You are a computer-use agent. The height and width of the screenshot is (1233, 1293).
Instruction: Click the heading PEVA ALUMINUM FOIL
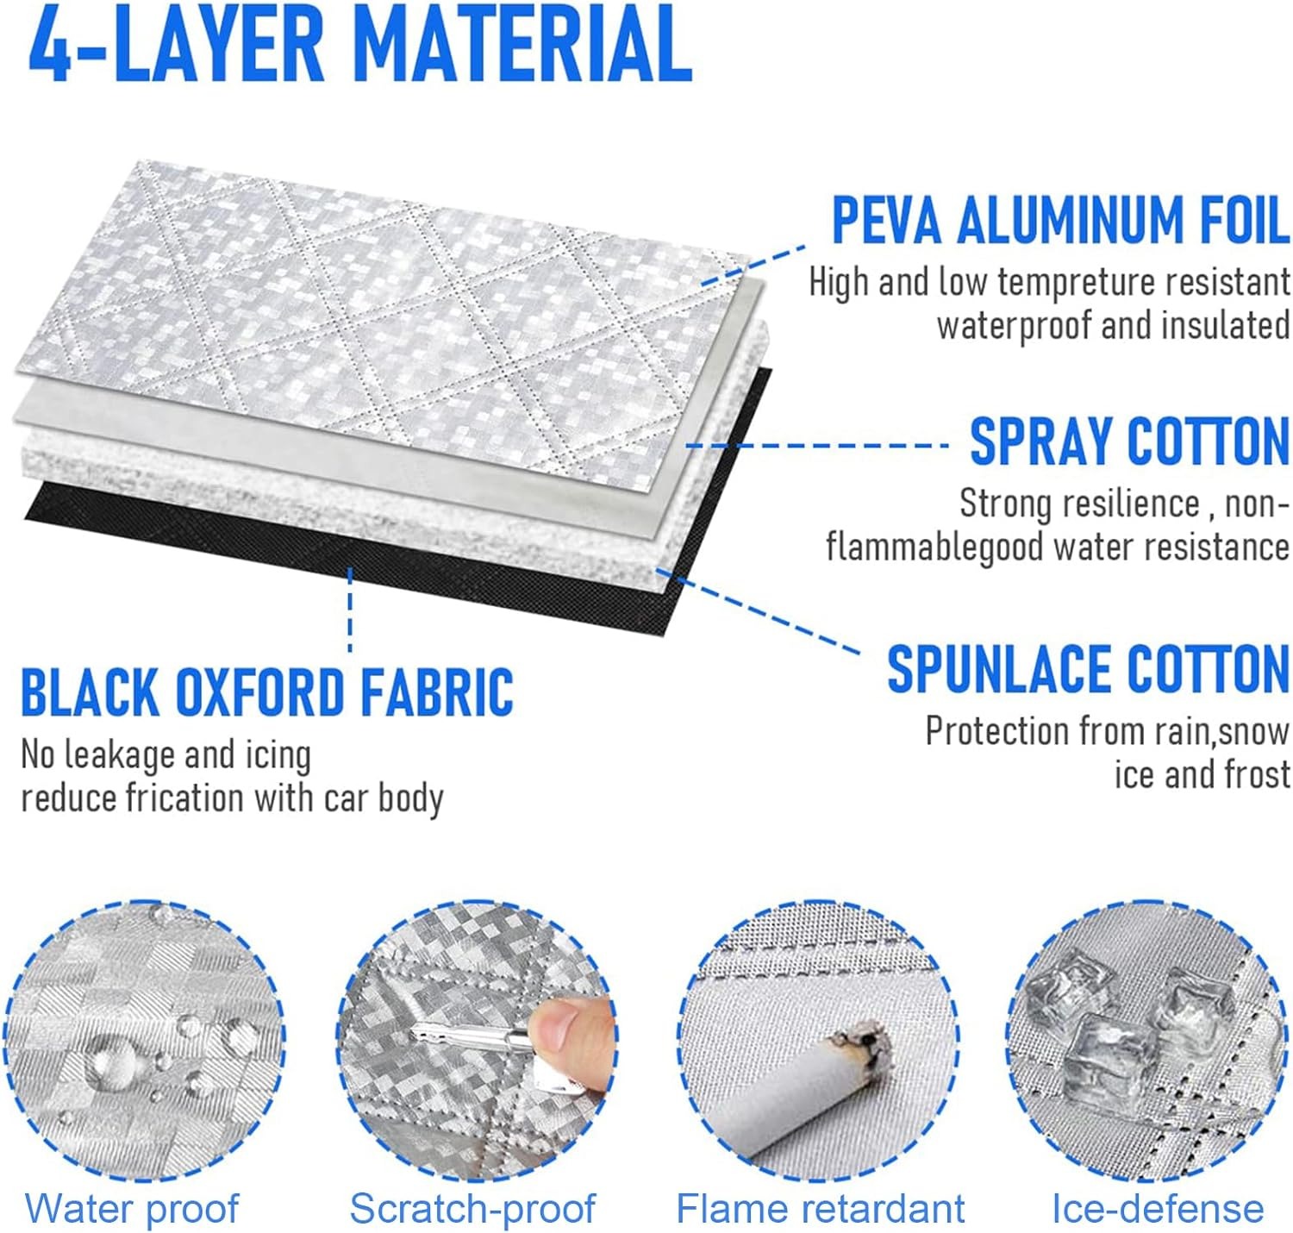tap(1059, 220)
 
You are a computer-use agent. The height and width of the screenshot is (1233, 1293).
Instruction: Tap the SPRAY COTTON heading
tap(1129, 441)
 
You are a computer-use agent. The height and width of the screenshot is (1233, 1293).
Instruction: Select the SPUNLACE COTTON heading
tap(1088, 668)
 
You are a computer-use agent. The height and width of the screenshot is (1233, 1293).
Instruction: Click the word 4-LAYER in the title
tap(176, 44)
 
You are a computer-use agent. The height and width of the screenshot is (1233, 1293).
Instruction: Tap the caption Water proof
tap(132, 1208)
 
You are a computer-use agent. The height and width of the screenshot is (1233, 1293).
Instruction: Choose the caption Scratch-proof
tap(472, 1208)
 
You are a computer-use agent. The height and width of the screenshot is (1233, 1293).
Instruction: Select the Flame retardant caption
tap(820, 1208)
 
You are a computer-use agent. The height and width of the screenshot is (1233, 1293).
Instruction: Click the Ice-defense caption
tap(1158, 1208)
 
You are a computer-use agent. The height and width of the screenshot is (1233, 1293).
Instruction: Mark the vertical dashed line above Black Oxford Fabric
tap(349, 610)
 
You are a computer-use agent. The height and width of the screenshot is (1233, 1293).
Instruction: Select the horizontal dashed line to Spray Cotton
tap(816, 446)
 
